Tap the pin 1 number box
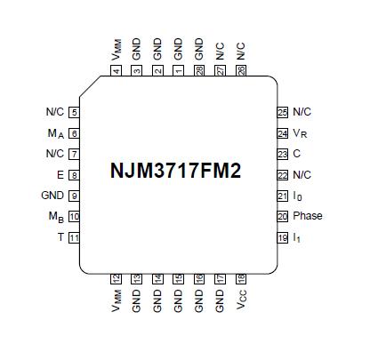tap(179, 70)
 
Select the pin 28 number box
tap(199, 70)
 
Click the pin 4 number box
tap(117, 70)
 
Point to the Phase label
tap(308, 216)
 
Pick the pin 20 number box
tap(283, 216)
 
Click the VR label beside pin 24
tap(301, 133)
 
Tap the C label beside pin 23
tap(296, 154)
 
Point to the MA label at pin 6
tap(54, 133)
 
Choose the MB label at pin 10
tap(54, 217)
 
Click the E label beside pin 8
tap(60, 175)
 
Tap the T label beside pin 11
tap(60, 237)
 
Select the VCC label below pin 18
tap(241, 302)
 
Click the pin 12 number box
tap(117, 279)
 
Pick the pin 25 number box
tap(283, 112)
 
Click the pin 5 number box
tap(74, 112)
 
